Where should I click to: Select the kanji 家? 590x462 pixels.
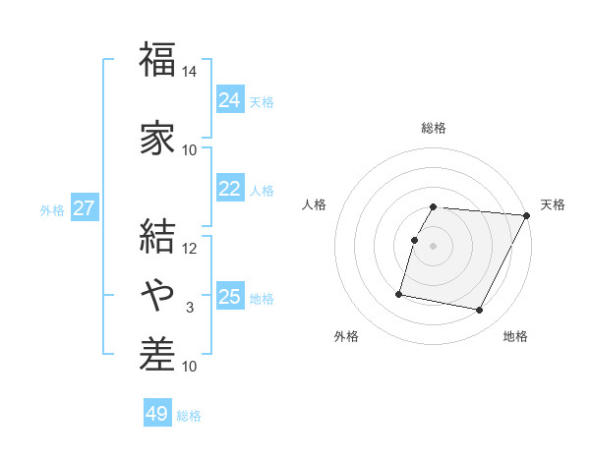[x=157, y=137]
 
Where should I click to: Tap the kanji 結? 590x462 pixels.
[x=157, y=237]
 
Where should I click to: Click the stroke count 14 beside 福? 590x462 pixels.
[x=190, y=72]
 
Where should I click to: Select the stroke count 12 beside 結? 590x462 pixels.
[x=190, y=249]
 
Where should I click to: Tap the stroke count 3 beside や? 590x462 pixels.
[x=190, y=308]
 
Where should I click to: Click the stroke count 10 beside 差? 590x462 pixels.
[x=190, y=367]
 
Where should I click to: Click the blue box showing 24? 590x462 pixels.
[x=230, y=100]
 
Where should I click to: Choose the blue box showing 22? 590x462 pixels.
[x=230, y=189]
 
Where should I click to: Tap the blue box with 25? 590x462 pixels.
[x=230, y=297]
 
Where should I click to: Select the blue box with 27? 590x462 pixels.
[x=85, y=208]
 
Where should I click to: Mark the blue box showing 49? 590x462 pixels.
[x=157, y=414]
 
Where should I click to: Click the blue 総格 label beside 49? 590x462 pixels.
[x=190, y=416]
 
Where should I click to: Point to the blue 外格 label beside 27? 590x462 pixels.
[x=52, y=209]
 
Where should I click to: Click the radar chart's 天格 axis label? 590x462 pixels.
[x=553, y=204]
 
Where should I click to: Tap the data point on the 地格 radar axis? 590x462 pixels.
[x=480, y=311]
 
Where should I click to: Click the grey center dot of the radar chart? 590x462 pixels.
[x=434, y=246]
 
